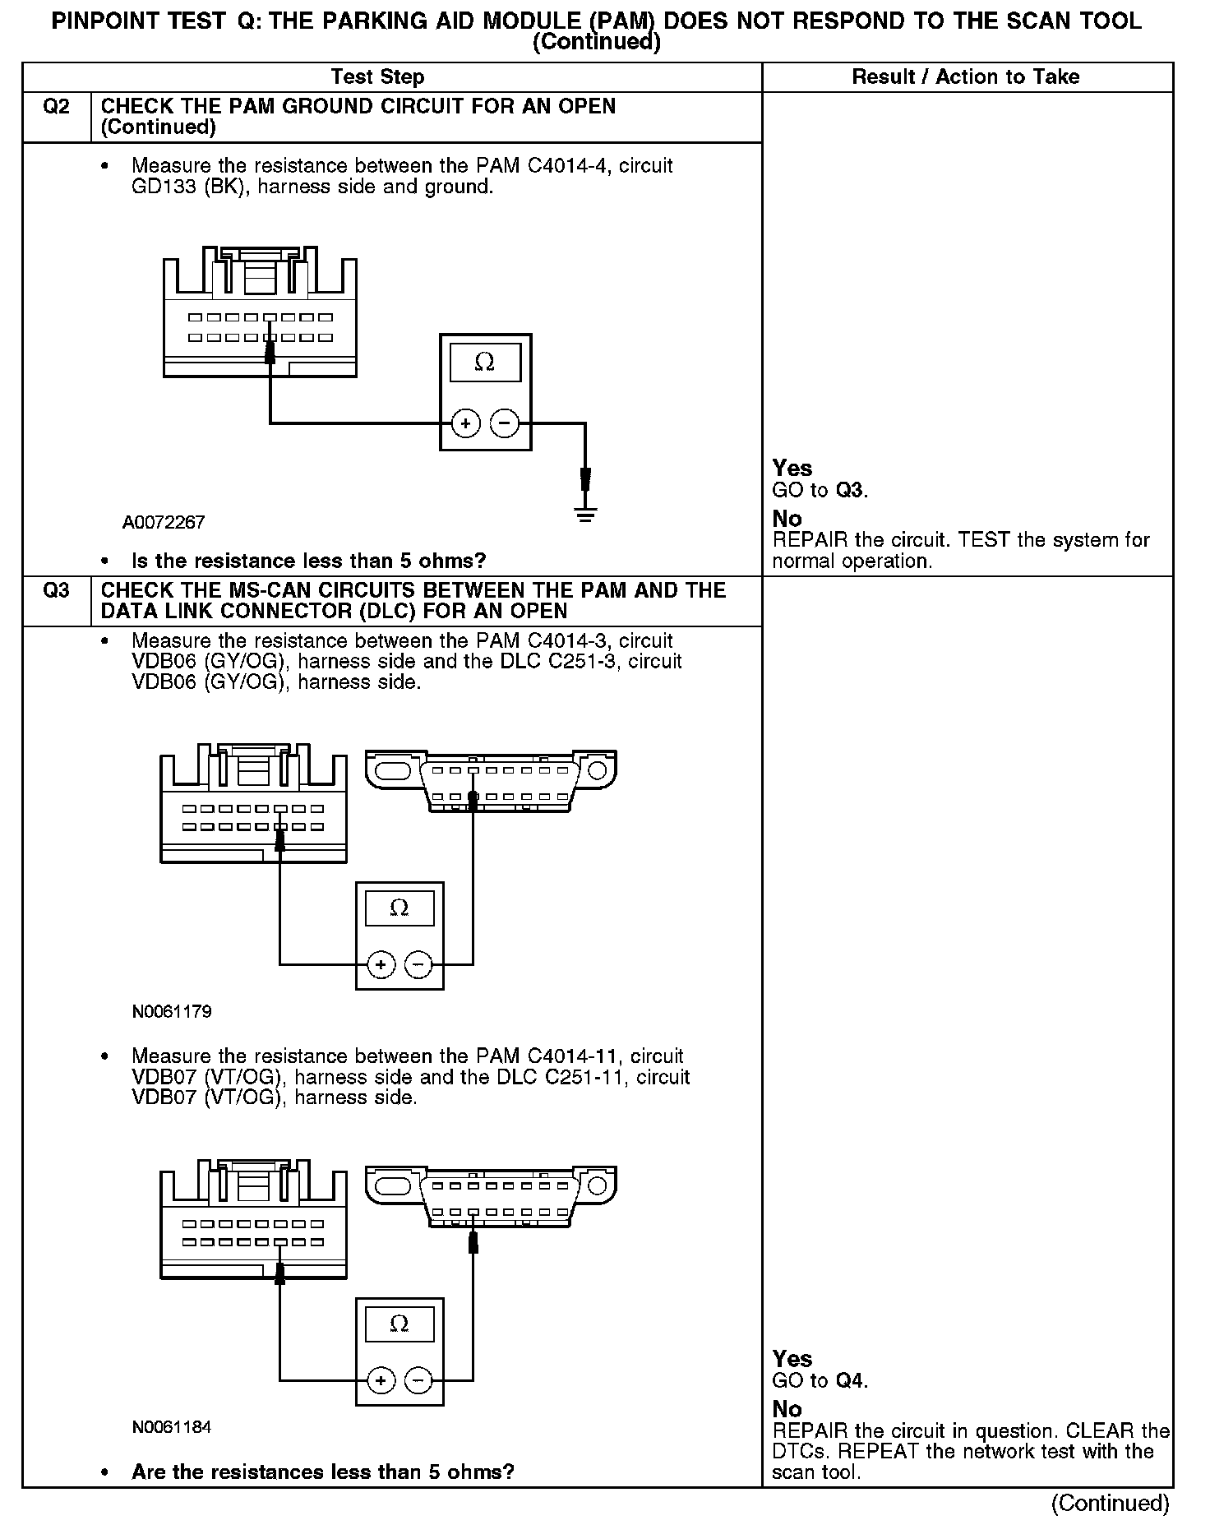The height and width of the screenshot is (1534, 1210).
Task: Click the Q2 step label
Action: pos(56,107)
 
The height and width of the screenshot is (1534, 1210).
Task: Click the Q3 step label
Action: pos(56,591)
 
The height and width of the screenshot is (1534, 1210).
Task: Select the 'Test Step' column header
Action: pos(377,77)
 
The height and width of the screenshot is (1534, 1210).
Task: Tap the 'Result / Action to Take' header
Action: pos(965,77)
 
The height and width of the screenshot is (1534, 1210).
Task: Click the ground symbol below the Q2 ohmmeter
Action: pos(585,515)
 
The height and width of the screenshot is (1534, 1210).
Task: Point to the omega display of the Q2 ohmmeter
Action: pos(485,363)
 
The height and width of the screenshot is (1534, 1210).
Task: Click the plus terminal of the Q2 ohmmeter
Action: pos(465,424)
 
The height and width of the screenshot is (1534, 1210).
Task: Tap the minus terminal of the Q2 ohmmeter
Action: pos(505,424)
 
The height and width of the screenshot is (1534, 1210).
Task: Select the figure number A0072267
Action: pos(164,523)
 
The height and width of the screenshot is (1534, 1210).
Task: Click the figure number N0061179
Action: pos(172,1012)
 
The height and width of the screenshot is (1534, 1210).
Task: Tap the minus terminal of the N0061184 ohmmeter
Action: pos(418,1379)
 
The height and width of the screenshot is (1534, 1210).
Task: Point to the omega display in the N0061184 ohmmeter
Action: pos(399,1324)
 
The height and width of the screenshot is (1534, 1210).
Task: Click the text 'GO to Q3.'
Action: pos(820,491)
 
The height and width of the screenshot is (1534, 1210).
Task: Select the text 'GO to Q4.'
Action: pos(820,1381)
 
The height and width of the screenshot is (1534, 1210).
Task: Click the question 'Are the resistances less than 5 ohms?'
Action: pos(322,1472)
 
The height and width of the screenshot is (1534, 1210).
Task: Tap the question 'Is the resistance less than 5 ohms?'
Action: pos(308,561)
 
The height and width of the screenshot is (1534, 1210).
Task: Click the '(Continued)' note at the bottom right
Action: pos(1109,1504)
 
